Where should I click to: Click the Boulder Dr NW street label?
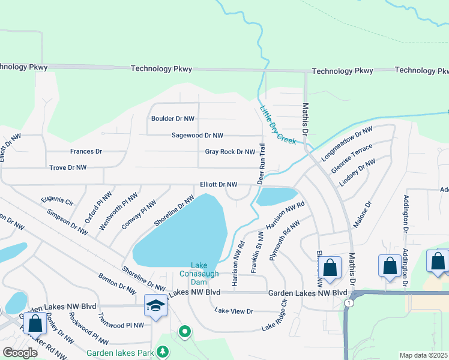pos(173,119)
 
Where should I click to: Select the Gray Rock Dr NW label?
pos(230,152)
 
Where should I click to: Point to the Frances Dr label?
pos(86,152)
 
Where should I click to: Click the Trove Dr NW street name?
pos(68,167)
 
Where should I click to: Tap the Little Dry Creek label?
pos(278,125)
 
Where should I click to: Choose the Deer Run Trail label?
pos(261,164)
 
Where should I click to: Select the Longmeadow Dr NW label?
pos(347,142)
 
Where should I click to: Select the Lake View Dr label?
pos(234,311)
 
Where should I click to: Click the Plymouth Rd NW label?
pos(284,238)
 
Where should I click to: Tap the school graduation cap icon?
pos(155,305)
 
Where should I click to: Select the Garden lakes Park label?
pos(121,353)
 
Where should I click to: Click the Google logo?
pos(20,353)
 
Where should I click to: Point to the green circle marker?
pos(185,331)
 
